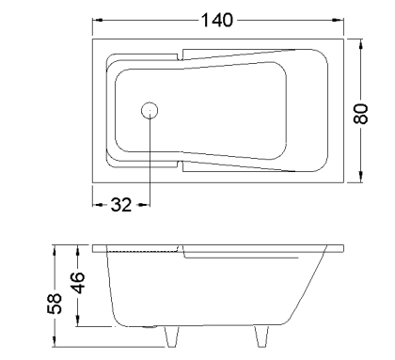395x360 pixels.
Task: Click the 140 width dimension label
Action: [217, 20]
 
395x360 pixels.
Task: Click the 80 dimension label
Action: [361, 114]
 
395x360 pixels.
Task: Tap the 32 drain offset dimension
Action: [121, 205]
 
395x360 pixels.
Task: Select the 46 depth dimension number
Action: [77, 283]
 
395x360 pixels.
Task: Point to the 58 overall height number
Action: [55, 304]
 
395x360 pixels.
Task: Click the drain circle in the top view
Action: [150, 111]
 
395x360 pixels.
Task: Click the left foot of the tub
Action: [172, 337]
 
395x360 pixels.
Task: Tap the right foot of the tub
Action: [261, 337]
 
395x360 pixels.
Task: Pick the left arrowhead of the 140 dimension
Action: [98, 20]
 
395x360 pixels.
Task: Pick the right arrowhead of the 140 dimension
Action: [338, 20]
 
